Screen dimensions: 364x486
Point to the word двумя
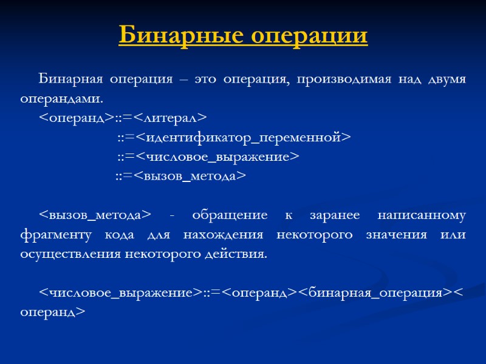tap(444, 79)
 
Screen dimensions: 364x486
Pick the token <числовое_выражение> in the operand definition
tap(217, 157)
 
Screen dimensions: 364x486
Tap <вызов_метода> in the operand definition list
tap(190, 176)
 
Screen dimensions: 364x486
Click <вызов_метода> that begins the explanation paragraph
tap(95, 215)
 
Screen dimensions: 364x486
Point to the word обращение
tap(230, 215)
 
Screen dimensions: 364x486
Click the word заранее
tap(330, 215)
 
